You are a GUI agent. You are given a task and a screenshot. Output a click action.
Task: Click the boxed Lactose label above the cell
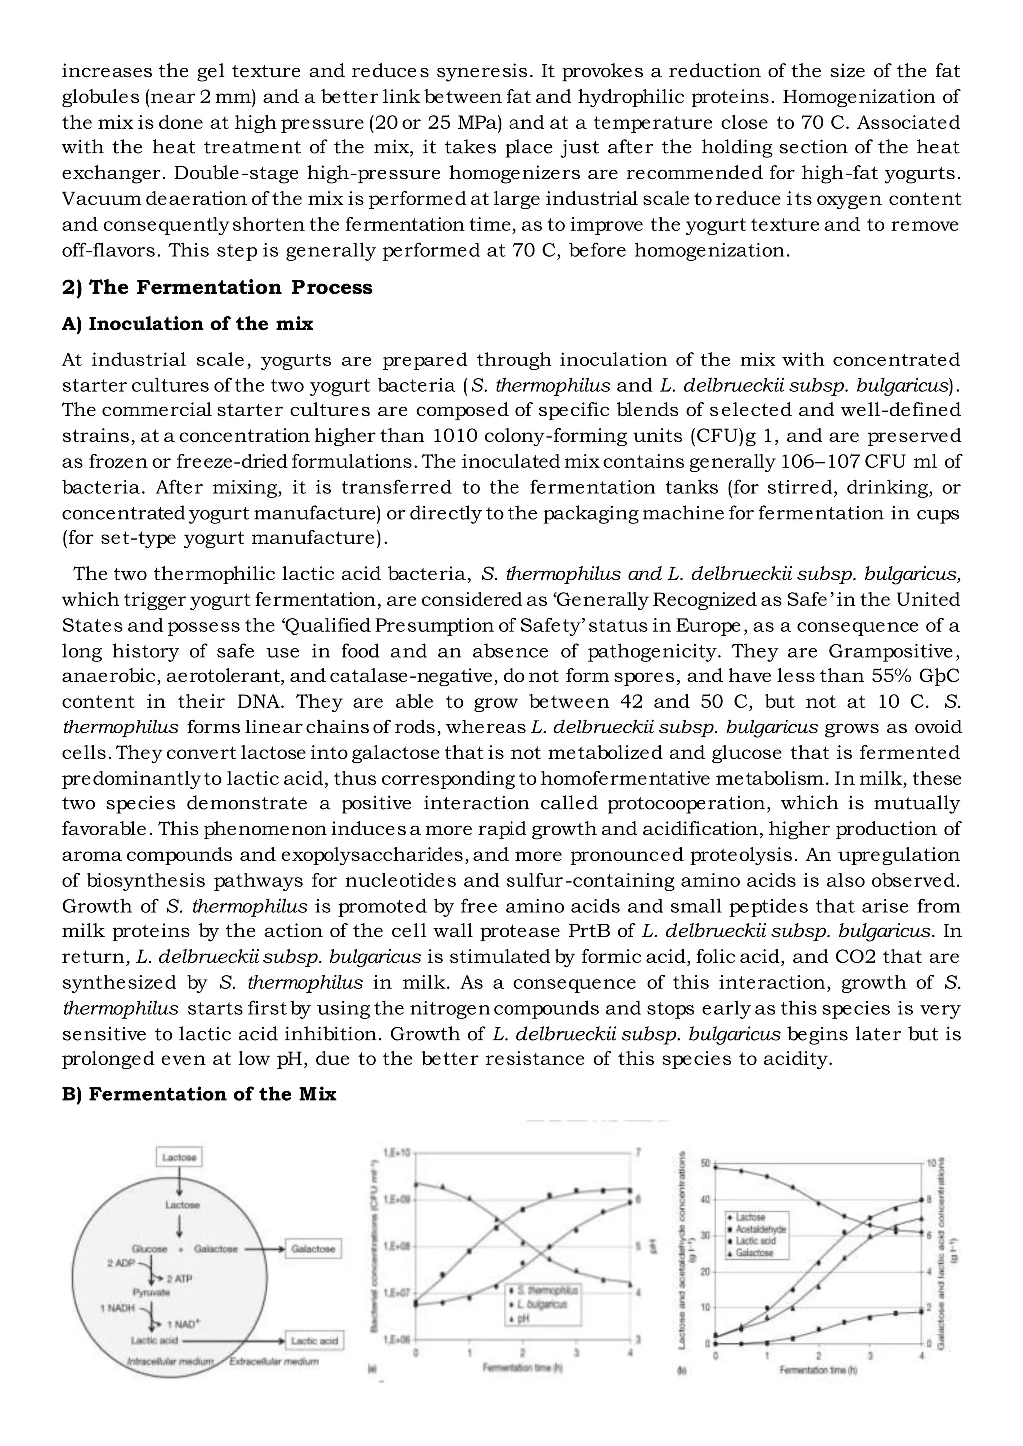tap(179, 1157)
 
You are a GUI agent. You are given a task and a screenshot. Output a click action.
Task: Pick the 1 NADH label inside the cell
tap(118, 1308)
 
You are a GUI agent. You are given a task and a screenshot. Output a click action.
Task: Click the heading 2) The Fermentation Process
tap(217, 287)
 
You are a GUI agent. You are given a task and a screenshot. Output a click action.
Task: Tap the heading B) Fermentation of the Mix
tap(199, 1094)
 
